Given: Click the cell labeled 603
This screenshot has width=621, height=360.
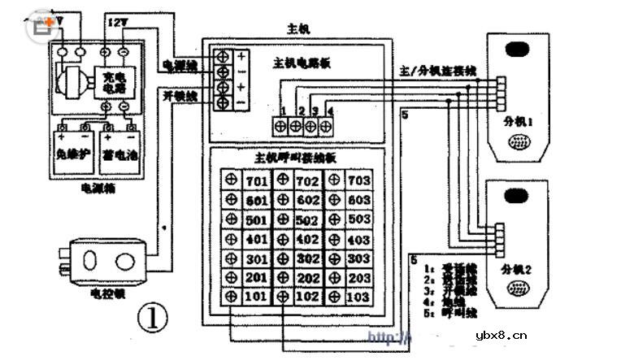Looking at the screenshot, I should (358, 200).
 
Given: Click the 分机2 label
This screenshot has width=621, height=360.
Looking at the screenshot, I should (517, 268).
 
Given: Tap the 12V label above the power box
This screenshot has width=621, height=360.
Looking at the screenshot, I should (118, 25).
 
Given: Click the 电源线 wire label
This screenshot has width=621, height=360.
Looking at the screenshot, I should (178, 65).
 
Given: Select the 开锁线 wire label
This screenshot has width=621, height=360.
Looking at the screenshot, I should (178, 96).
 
